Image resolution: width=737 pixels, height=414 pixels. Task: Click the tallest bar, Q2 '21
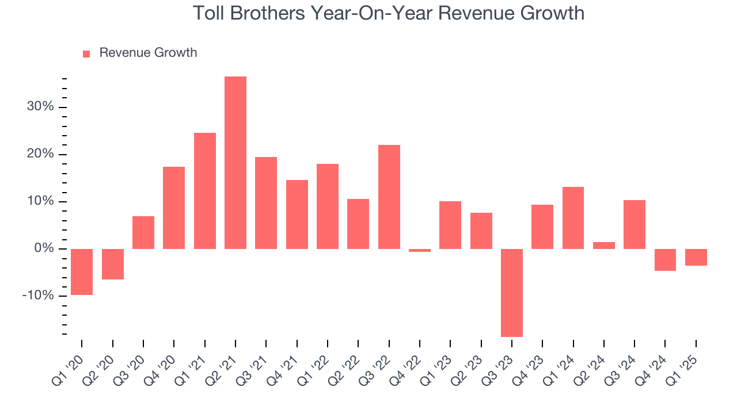[x=235, y=163]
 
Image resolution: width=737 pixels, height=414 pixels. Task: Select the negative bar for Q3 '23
[x=512, y=293]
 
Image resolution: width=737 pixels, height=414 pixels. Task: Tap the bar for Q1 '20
[x=82, y=272]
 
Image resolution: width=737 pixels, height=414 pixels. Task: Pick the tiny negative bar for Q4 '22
[x=420, y=251]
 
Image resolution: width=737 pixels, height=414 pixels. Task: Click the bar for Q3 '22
[x=389, y=197]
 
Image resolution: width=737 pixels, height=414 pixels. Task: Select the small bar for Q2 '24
[x=604, y=246]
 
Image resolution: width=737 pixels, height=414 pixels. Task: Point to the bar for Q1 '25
[x=696, y=257]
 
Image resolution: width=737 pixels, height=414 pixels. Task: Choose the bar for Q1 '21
[x=205, y=191]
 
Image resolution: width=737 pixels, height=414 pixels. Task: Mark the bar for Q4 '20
[x=174, y=208]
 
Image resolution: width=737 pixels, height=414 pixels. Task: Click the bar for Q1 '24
[x=573, y=218]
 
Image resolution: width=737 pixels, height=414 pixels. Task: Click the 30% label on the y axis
[x=40, y=107]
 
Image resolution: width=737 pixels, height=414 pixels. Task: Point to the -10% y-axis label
[x=37, y=296]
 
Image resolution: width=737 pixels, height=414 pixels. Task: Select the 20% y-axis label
[x=40, y=154]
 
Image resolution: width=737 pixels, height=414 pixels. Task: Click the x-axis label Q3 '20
[x=131, y=366]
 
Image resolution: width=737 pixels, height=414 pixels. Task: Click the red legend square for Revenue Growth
[x=86, y=53]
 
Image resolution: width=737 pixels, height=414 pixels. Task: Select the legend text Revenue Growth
[x=148, y=53]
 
